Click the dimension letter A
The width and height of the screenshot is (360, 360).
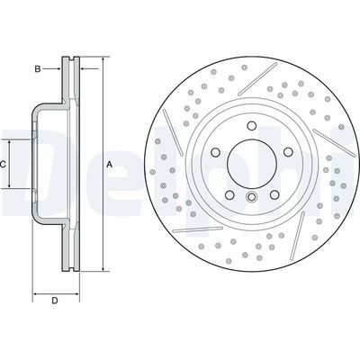pos(110,165)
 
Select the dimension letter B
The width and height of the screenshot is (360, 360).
pos(37,68)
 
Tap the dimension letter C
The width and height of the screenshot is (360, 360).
pos(4,165)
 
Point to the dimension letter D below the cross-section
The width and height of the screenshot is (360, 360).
pos(55,300)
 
